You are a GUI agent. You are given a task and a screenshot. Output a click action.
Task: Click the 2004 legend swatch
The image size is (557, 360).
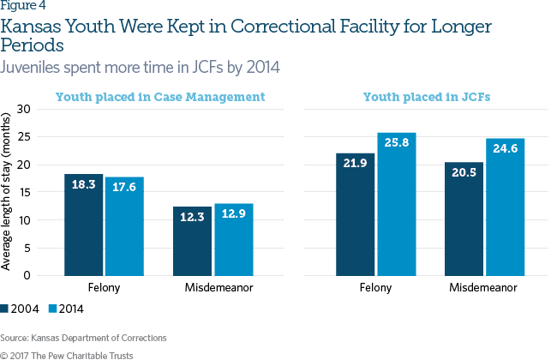point(7,308)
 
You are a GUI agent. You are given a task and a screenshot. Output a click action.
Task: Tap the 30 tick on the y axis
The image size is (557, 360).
point(23,109)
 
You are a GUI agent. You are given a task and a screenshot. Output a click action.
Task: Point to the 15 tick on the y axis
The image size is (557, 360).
point(23,192)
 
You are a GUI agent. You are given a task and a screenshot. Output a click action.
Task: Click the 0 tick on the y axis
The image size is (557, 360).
point(27,275)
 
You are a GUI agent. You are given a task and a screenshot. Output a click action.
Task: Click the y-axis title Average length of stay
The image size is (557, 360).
point(7,192)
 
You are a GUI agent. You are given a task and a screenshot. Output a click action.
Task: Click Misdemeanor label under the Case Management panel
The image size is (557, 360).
point(213,286)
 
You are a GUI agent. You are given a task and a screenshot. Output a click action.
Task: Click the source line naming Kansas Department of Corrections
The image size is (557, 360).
point(84,337)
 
